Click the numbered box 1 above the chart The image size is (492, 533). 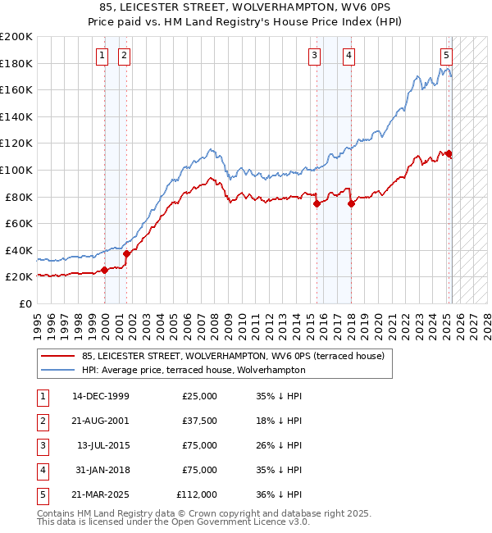point(102,56)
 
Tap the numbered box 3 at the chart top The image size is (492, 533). point(314,56)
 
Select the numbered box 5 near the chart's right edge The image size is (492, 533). point(446,56)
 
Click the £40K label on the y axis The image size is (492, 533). point(19,250)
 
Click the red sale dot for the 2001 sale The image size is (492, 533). point(127,253)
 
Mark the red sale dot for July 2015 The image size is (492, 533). point(317,204)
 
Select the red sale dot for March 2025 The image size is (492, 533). point(449,153)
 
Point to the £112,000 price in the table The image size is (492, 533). point(197,494)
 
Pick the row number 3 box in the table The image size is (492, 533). point(41,445)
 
